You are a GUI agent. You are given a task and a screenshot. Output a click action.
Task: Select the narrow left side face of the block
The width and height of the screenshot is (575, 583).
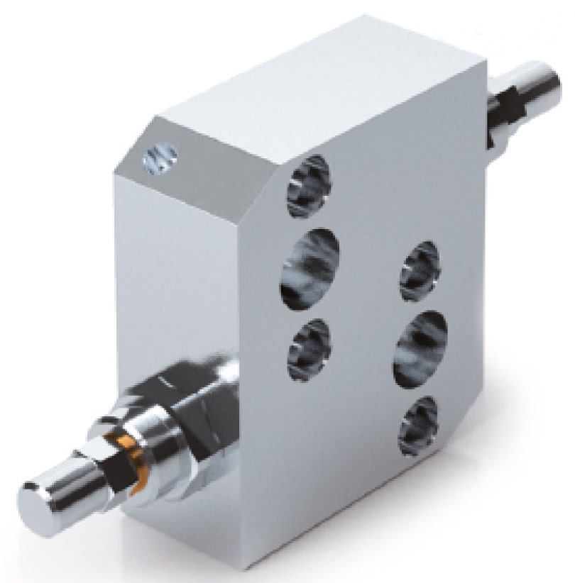click(135, 284)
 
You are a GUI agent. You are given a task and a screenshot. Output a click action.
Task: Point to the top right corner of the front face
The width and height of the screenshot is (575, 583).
click(486, 67)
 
